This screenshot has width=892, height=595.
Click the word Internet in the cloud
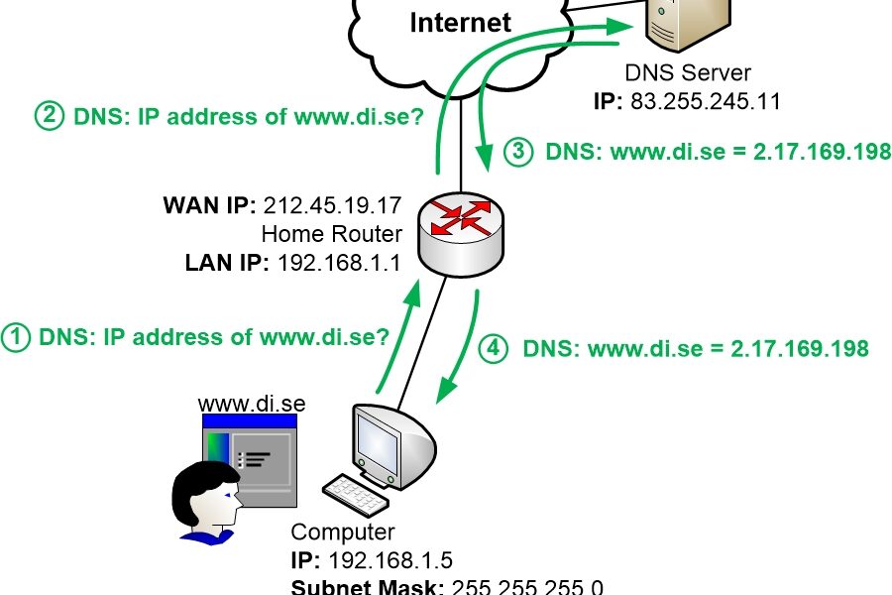tap(460, 22)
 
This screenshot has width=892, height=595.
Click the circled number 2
tap(48, 117)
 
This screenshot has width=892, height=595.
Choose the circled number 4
tap(494, 348)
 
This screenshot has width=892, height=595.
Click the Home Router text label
tap(331, 235)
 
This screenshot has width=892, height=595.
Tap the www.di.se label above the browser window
tap(251, 404)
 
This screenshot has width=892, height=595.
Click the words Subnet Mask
tap(367, 585)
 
